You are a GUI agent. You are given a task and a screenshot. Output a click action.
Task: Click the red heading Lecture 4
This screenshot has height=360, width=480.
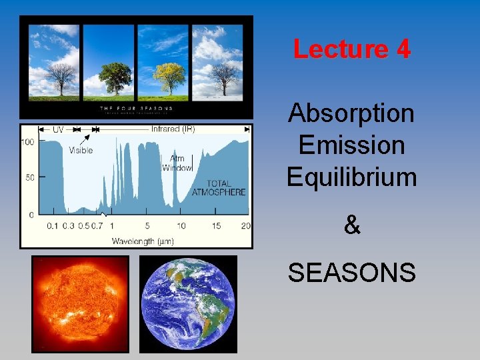[x=351, y=49]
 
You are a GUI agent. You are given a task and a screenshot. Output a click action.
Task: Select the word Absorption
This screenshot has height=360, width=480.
[x=351, y=113]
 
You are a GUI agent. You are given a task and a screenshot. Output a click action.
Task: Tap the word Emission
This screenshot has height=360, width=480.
[x=351, y=145]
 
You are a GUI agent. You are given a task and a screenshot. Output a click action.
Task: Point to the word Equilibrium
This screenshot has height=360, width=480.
[x=351, y=177]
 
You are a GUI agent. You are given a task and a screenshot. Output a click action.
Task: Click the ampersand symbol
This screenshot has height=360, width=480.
[x=351, y=226]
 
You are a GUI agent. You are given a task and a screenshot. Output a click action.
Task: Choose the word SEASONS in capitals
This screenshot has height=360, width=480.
[x=351, y=273]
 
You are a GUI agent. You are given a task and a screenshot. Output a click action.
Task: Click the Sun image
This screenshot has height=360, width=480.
[x=81, y=304]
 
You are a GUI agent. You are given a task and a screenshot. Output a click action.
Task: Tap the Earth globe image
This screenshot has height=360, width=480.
[x=188, y=304]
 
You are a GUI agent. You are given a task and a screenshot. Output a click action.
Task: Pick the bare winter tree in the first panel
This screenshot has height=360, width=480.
[x=62, y=76]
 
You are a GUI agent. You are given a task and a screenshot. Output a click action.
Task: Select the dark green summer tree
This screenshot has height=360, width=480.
[x=116, y=76]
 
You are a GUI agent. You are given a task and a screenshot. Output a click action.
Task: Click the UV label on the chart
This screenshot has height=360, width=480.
[x=57, y=129]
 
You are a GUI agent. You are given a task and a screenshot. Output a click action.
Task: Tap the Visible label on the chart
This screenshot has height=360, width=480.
[x=81, y=150]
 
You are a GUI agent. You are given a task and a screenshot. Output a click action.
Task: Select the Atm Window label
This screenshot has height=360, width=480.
[x=178, y=163]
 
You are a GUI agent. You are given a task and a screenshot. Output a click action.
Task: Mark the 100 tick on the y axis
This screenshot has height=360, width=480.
[x=28, y=142]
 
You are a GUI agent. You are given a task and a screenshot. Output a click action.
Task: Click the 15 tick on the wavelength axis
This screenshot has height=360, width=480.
[x=216, y=226]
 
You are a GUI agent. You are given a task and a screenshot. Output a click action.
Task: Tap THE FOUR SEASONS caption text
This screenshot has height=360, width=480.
[x=136, y=108]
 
